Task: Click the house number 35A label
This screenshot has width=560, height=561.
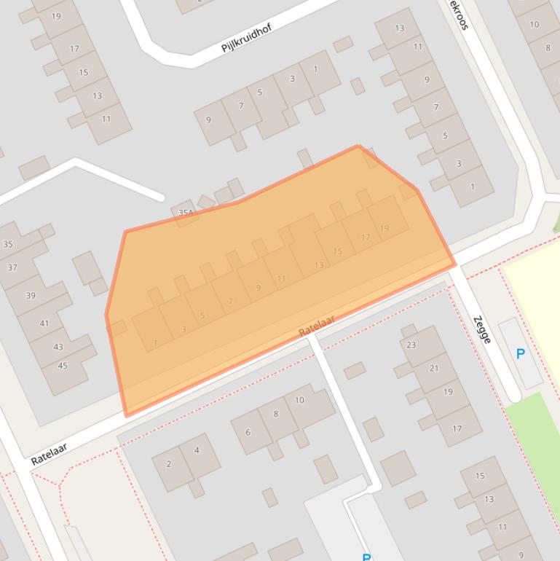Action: click(x=186, y=213)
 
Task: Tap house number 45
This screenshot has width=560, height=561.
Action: click(x=63, y=365)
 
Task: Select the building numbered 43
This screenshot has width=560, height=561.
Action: click(x=58, y=348)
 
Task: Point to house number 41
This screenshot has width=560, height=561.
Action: click(x=44, y=323)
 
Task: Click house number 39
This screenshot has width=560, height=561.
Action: click(x=31, y=295)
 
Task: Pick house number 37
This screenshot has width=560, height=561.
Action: click(x=12, y=267)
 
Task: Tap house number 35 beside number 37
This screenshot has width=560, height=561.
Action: click(x=7, y=244)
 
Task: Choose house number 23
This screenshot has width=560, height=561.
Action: click(x=411, y=345)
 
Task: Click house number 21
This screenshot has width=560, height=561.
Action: click(x=434, y=368)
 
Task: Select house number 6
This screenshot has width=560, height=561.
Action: click(x=248, y=432)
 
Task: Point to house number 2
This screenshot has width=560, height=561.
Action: click(x=169, y=463)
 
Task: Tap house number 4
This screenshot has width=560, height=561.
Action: click(x=197, y=450)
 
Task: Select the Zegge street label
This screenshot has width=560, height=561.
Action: click(x=481, y=329)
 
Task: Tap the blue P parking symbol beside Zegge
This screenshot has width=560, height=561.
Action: click(x=520, y=354)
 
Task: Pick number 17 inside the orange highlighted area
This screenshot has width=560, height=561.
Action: click(x=366, y=237)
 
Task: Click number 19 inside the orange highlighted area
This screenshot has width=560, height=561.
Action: click(x=384, y=227)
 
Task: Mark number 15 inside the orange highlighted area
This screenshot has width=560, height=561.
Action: click(x=337, y=251)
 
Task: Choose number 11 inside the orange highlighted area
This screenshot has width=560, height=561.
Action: click(x=281, y=278)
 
